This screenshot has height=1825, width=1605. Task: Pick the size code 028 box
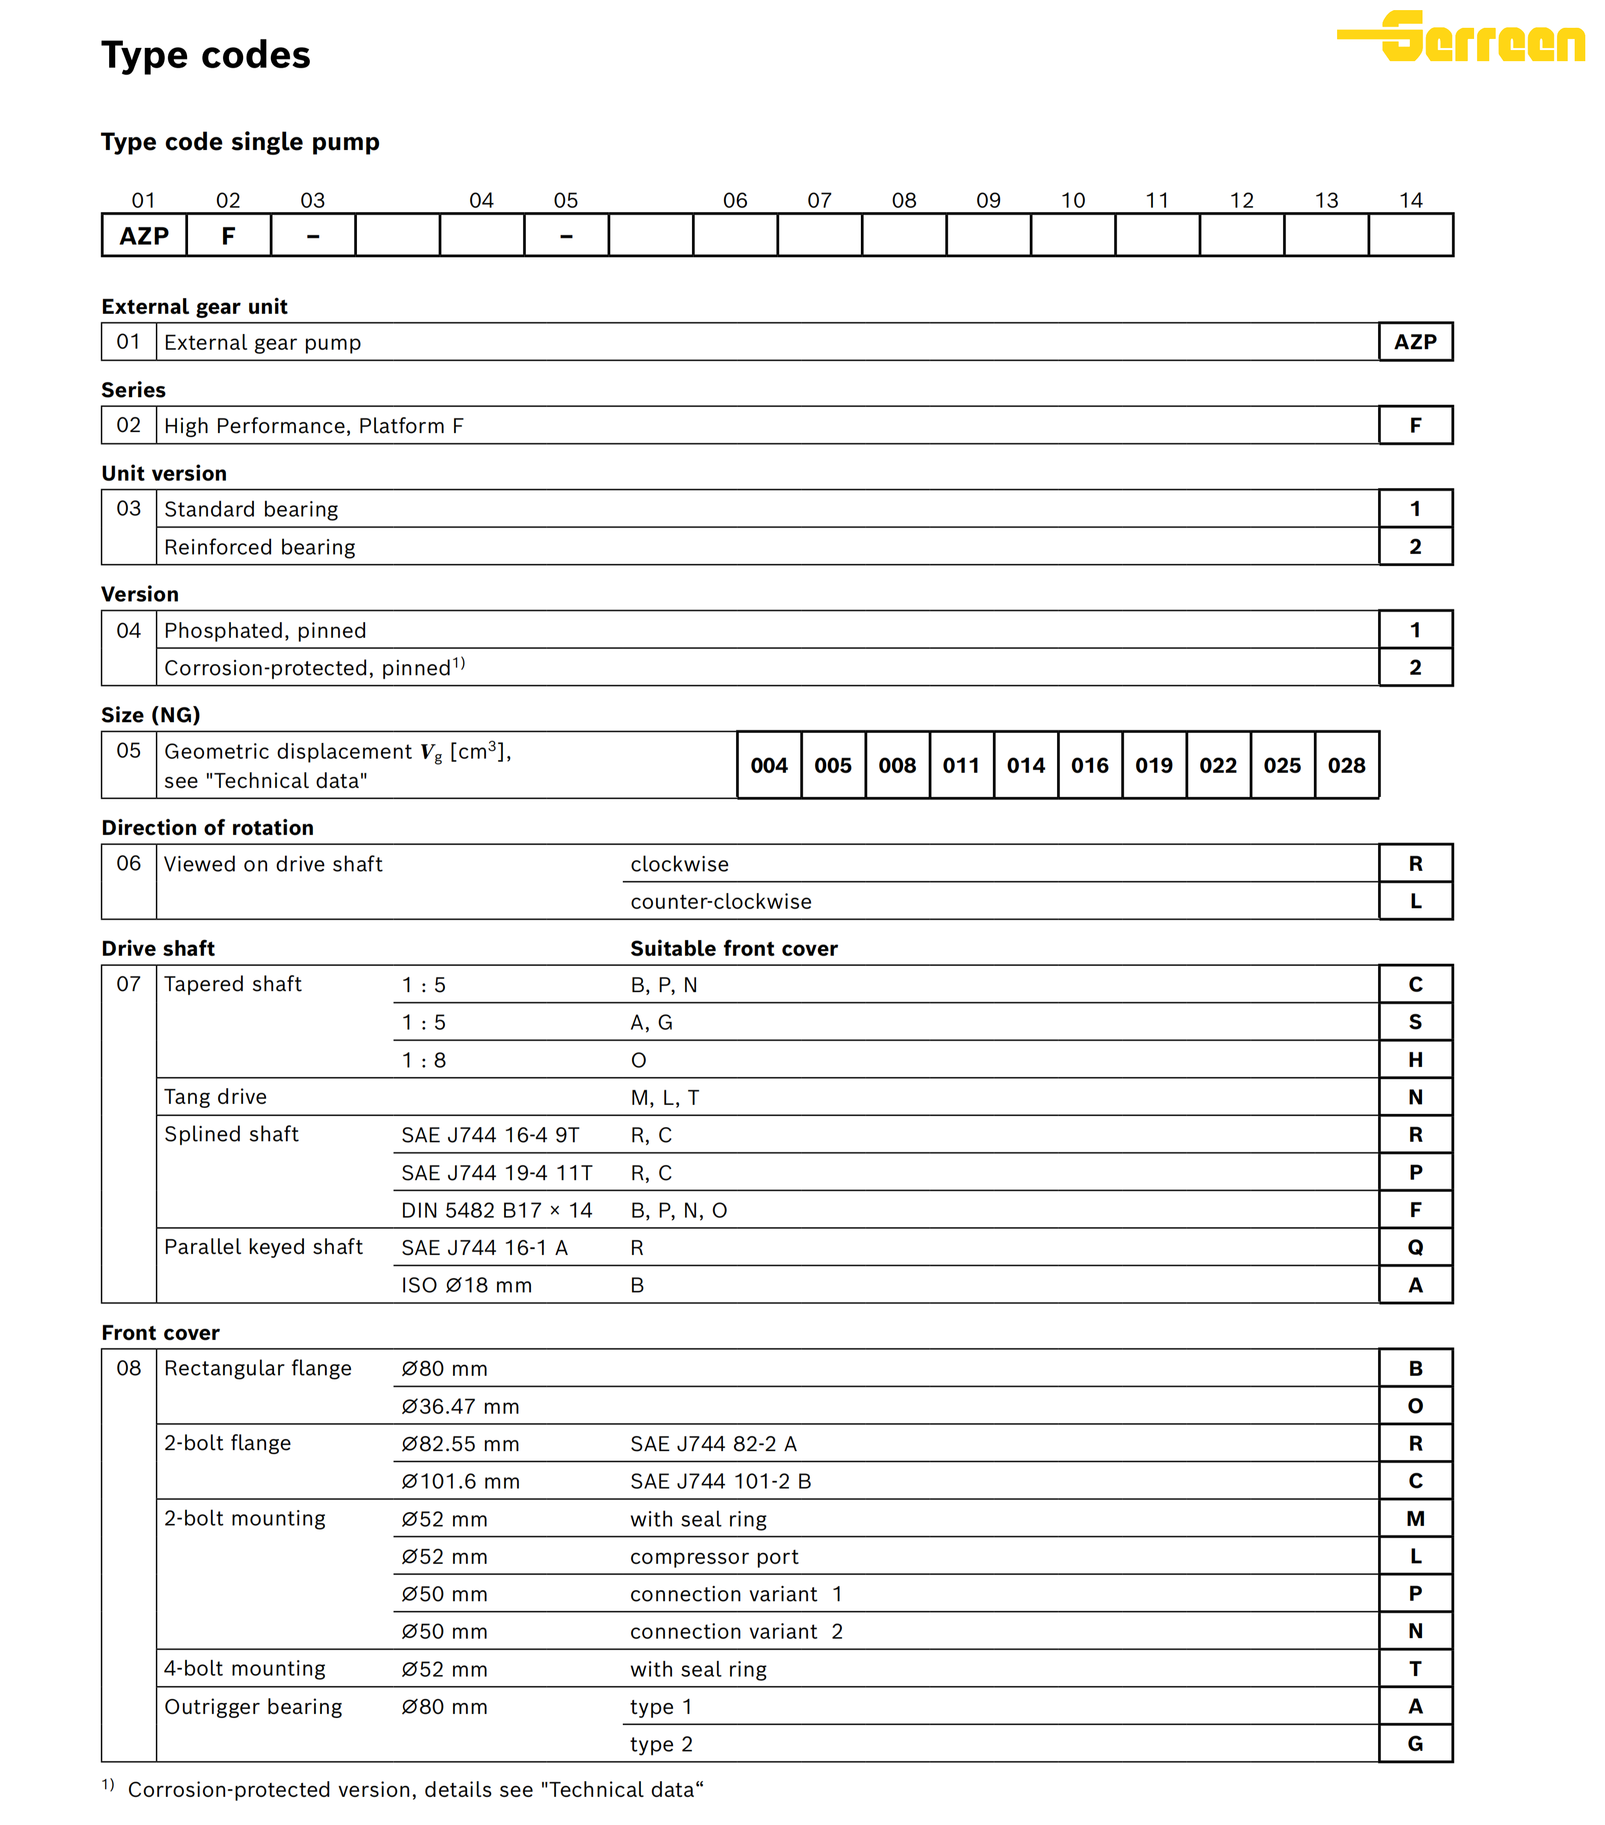[x=1346, y=765]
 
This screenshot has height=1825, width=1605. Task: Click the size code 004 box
[x=768, y=765]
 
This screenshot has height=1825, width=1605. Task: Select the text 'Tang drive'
[x=215, y=1097]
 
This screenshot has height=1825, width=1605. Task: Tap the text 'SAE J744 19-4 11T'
[x=496, y=1172]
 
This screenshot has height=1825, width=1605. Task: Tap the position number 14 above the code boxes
[x=1410, y=200]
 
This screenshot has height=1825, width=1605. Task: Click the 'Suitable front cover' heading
[x=734, y=948]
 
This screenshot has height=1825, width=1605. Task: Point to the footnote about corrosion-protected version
[x=415, y=1789]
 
